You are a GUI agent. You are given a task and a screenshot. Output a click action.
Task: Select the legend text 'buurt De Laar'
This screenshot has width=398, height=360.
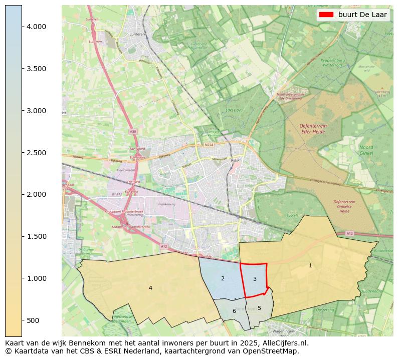(362, 15)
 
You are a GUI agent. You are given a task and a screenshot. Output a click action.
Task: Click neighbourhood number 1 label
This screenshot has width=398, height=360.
(310, 265)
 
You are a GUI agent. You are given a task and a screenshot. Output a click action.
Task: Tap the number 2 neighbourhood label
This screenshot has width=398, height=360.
(223, 278)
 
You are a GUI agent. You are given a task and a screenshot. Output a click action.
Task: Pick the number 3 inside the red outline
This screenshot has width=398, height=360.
(255, 279)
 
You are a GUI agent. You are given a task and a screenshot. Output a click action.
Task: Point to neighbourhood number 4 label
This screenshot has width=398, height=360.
(150, 288)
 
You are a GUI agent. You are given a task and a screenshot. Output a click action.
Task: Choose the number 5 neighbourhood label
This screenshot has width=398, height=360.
(259, 308)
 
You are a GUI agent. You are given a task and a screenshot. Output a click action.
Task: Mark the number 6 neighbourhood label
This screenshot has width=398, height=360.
(234, 311)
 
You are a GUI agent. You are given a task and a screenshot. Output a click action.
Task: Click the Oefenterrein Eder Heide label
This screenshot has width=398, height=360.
(313, 128)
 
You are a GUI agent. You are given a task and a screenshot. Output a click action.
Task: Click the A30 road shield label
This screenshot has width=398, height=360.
(132, 131)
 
